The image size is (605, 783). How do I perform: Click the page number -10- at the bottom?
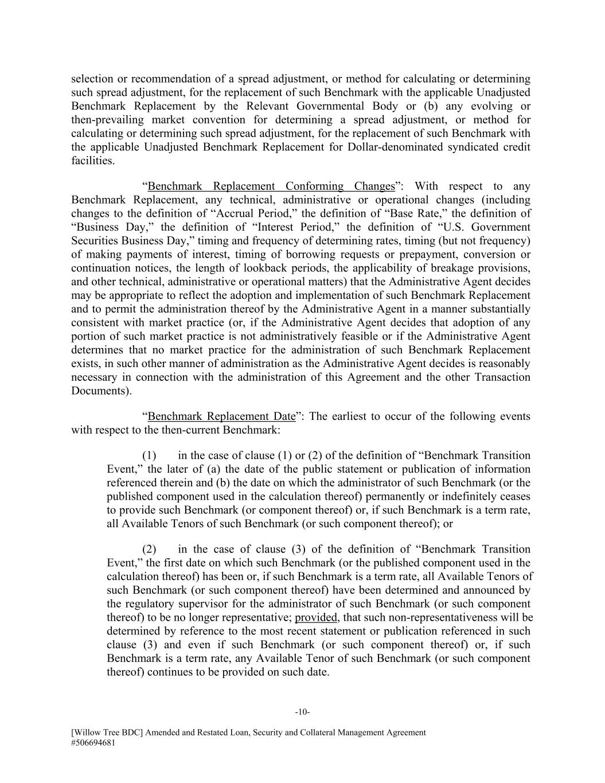coord(302,712)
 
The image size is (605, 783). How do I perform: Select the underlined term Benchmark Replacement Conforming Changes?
coord(271,186)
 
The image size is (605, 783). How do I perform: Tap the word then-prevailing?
coord(107,120)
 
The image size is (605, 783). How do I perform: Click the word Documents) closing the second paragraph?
coord(101,391)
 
